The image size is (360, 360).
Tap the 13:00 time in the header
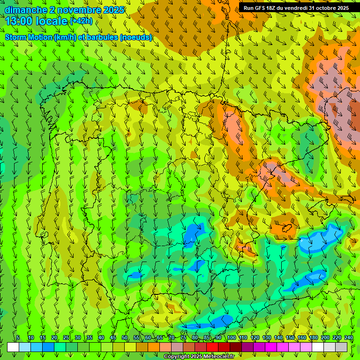[x=19, y=21]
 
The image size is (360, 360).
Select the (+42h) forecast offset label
[x=81, y=21]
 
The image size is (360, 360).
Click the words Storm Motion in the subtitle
[x=28, y=37]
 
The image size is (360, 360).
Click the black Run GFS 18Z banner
[x=296, y=8]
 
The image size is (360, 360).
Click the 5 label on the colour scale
[x=18, y=337]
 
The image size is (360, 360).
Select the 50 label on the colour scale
[x=125, y=337]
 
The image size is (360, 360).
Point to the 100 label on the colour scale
[x=231, y=337]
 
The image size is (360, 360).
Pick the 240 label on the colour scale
[x=348, y=337]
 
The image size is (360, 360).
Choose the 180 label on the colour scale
[x=313, y=337]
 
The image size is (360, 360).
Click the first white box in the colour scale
[x=13, y=347]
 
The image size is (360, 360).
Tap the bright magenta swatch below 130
[x=271, y=347]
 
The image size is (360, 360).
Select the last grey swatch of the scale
[x=341, y=347]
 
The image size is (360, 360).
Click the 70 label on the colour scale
[x=172, y=337]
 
